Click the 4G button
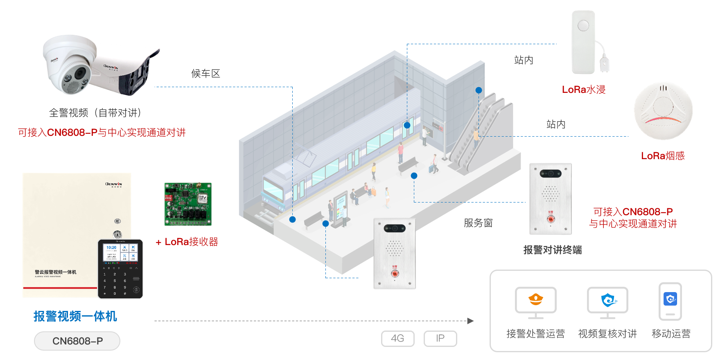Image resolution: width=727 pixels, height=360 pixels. point(397,338)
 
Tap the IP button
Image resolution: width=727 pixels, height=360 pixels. point(440,338)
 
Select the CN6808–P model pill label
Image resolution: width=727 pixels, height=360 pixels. point(77,341)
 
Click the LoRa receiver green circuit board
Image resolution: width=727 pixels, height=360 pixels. point(188,204)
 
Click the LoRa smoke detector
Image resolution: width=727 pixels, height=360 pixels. point(663,111)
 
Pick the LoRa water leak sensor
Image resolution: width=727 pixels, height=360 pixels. point(584,43)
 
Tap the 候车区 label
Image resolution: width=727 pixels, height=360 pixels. point(205,74)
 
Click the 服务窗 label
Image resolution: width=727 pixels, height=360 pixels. point(478,223)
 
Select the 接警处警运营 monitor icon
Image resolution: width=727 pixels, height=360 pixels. point(535,303)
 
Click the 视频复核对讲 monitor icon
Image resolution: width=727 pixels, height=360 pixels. point(607,303)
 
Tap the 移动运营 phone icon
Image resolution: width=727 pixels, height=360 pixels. point(670,301)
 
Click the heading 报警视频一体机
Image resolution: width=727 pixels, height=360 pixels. point(75,316)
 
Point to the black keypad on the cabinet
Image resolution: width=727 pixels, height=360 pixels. point(120,269)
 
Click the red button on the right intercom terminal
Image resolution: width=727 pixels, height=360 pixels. point(551,219)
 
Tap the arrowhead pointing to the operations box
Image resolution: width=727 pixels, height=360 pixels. point(470,321)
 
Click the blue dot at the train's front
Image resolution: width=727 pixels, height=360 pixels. point(292,219)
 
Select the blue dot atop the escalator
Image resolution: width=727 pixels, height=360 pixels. point(479,90)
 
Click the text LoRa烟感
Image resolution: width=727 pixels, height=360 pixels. point(663,156)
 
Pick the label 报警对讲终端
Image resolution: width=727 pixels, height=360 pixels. point(552,250)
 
